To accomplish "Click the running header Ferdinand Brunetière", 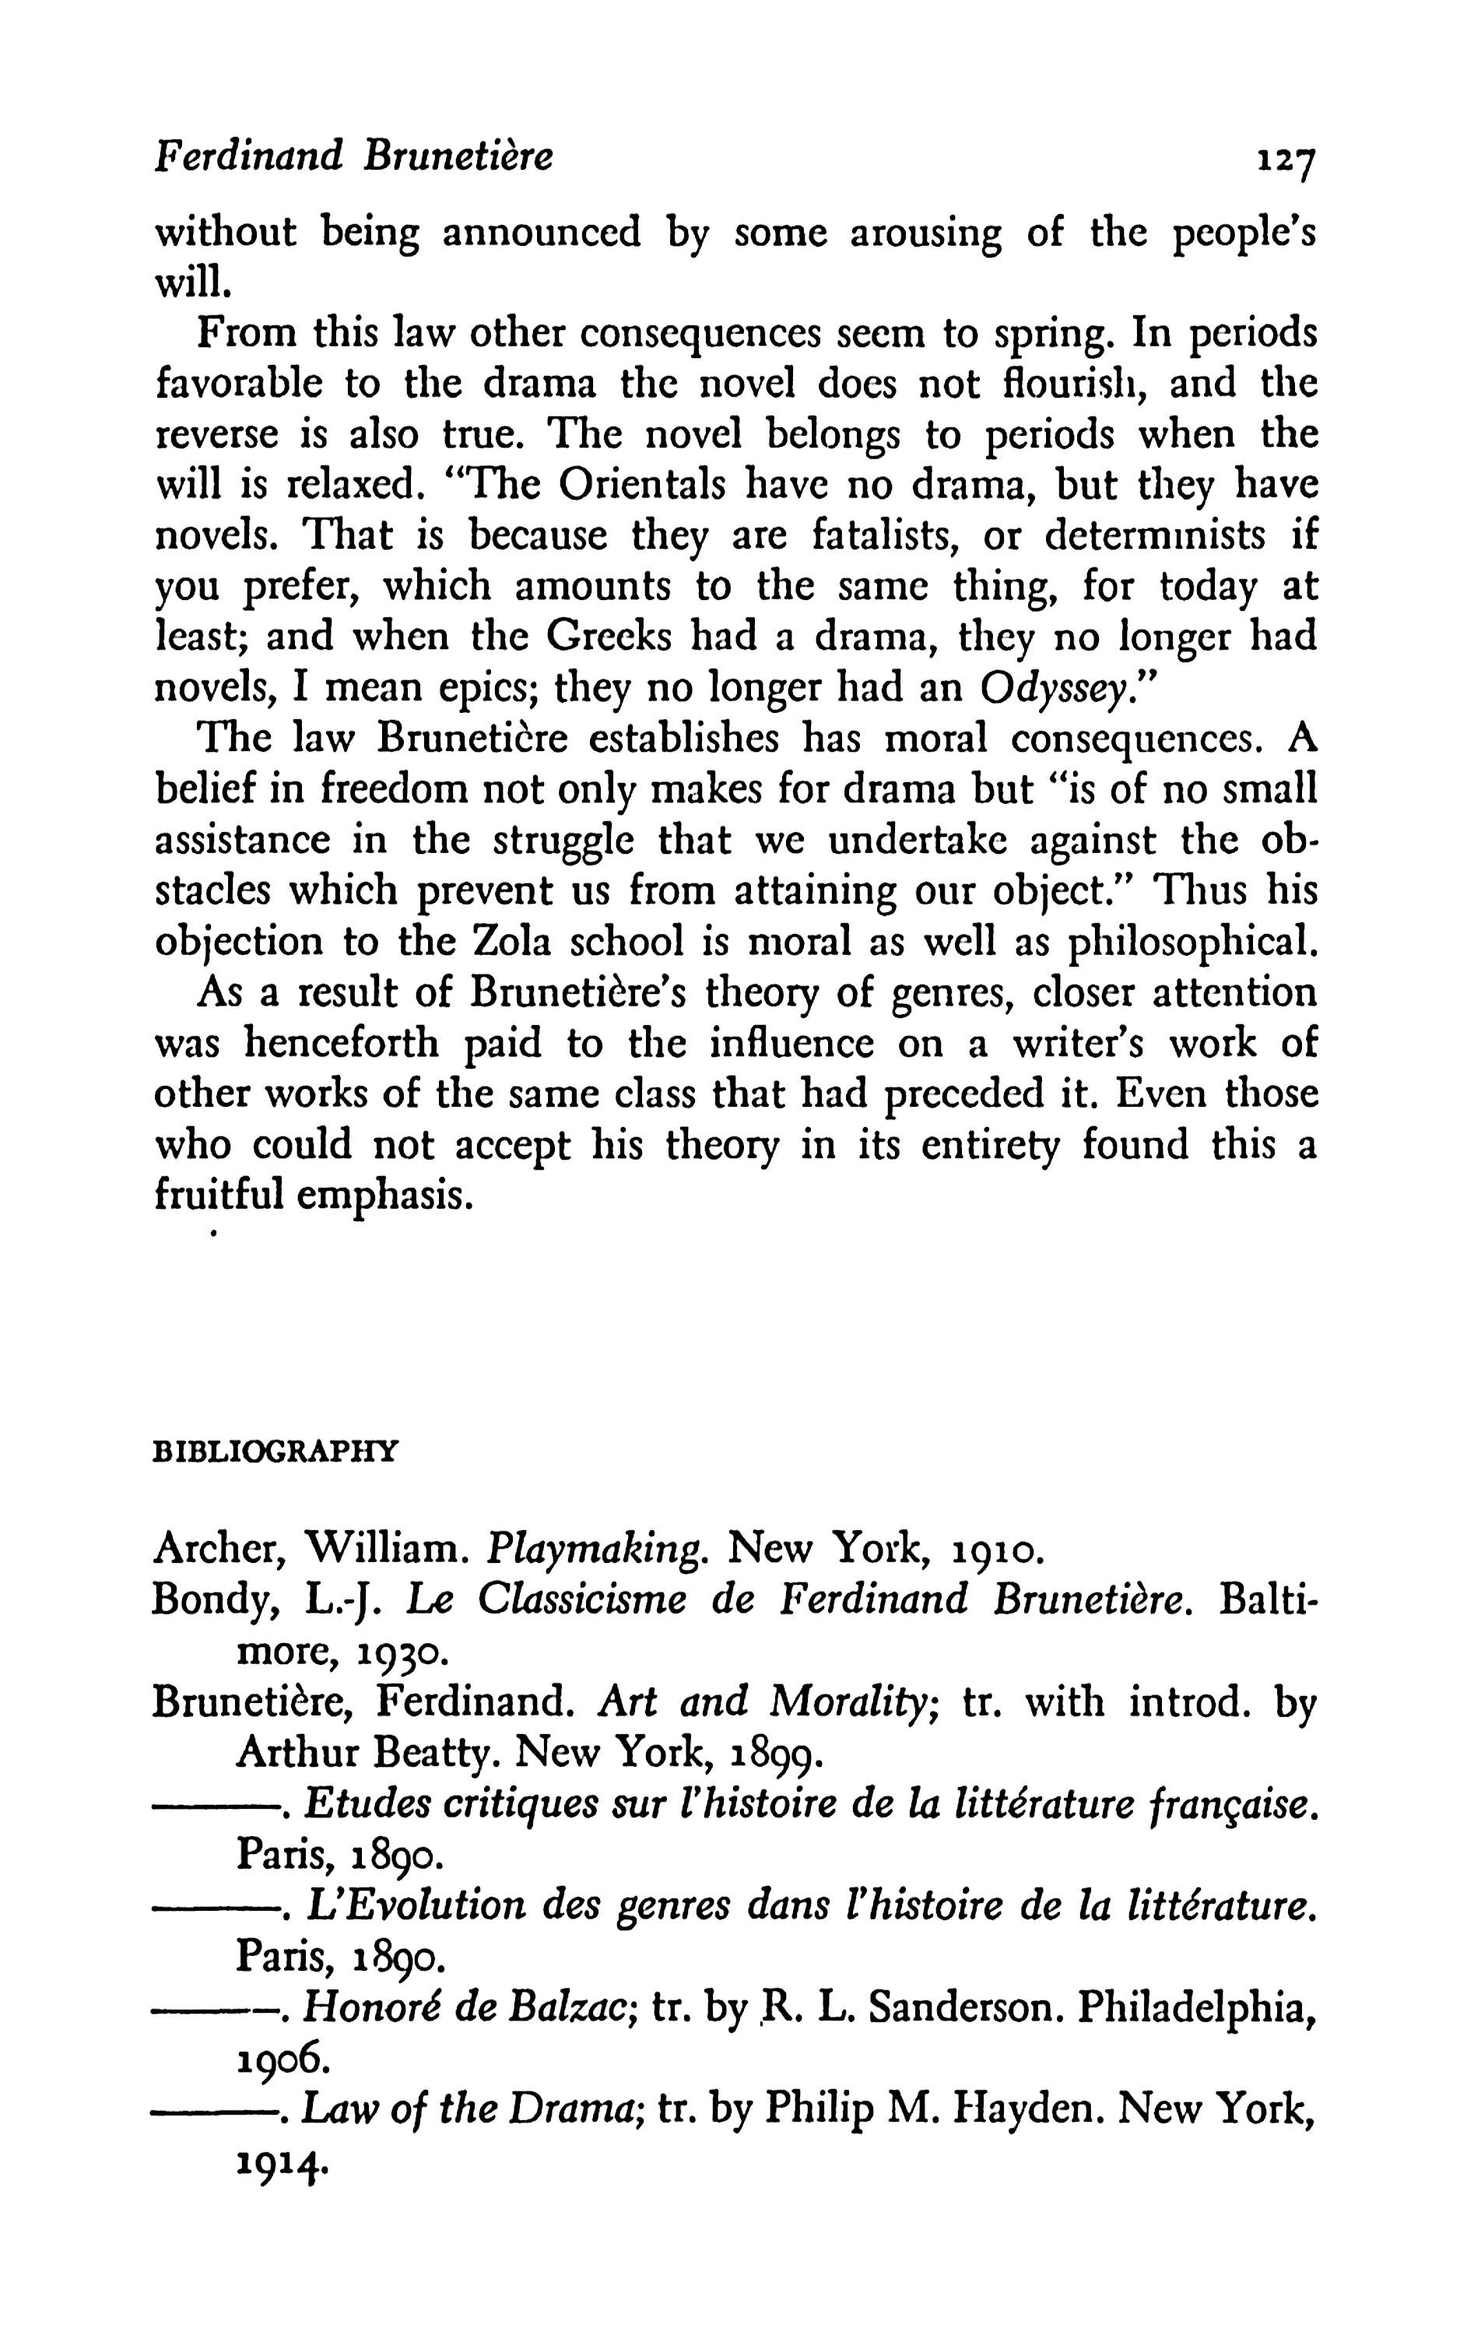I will (x=353, y=156).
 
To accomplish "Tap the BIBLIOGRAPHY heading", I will (x=276, y=1452).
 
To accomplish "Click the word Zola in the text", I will (x=514, y=940).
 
